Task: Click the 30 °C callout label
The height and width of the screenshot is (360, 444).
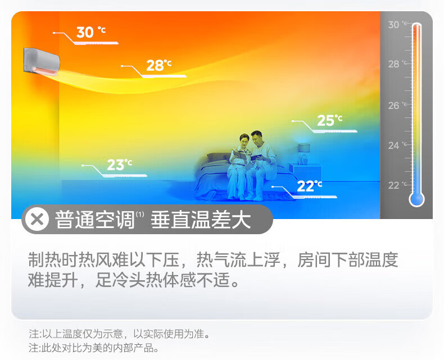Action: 91,32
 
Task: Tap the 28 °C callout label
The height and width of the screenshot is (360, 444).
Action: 159,65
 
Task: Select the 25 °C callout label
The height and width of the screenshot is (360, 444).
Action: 329,120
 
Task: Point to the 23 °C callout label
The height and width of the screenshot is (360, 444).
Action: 120,165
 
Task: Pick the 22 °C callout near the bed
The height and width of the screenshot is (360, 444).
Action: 310,186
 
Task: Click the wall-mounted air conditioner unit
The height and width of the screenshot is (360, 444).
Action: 42,62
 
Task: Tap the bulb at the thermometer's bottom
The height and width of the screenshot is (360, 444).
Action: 416,199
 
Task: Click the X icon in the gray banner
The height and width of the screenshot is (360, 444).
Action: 37,220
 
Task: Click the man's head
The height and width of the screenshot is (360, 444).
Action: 257,138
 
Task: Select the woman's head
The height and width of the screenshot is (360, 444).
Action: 244,140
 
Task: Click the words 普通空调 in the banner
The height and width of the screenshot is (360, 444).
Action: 94,220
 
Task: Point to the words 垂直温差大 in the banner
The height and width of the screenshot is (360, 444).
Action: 201,220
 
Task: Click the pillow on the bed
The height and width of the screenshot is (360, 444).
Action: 218,158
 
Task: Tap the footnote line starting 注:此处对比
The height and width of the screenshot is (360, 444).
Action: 94,348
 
